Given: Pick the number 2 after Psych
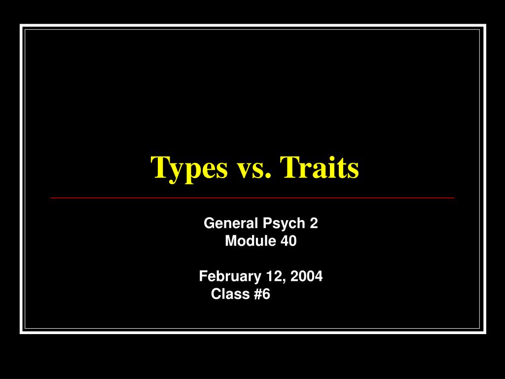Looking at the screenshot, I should (314, 224).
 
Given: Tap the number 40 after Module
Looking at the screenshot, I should (289, 241).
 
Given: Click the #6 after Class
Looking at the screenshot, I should (261, 294).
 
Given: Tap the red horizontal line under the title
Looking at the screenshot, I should (252, 197).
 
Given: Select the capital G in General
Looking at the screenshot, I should (209, 224).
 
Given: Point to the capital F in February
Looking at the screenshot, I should (202, 276).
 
